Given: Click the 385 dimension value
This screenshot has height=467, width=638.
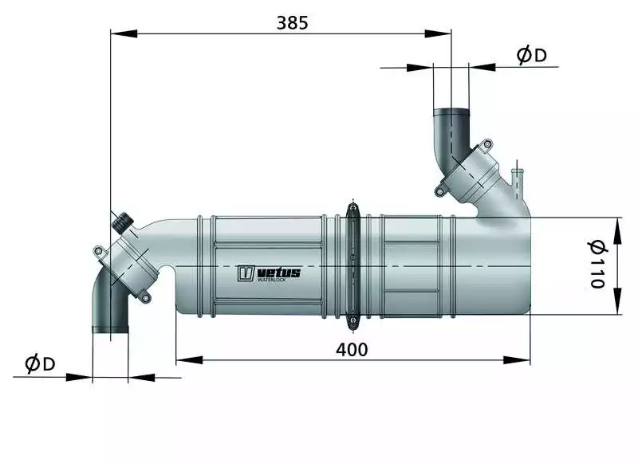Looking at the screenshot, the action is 292,23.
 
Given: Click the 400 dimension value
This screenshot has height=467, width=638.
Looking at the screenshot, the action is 352,349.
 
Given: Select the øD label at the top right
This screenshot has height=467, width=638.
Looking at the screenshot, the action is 531,55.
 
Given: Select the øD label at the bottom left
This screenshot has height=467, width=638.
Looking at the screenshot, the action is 40,363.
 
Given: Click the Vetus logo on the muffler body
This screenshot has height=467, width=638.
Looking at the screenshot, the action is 269,273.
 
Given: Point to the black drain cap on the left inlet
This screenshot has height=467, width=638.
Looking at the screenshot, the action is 122,222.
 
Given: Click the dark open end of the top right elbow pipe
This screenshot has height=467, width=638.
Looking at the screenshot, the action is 451,112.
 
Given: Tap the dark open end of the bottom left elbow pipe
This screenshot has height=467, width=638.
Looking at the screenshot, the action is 111,329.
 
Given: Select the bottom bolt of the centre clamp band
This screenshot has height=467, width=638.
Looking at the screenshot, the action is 352,323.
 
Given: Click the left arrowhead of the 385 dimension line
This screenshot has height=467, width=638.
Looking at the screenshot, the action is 124,33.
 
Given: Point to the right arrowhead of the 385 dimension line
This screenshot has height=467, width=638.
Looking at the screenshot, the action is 438,33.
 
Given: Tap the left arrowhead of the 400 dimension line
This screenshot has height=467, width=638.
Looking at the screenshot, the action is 189,359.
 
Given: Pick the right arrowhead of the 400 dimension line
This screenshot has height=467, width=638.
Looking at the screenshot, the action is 517,359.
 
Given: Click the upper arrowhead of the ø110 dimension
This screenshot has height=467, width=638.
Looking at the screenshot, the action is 617,230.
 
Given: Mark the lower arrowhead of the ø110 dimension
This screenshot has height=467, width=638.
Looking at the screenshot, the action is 617,300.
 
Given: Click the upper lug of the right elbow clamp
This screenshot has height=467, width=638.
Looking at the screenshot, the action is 486,145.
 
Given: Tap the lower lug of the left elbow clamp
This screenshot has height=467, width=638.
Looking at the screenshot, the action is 145,297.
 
